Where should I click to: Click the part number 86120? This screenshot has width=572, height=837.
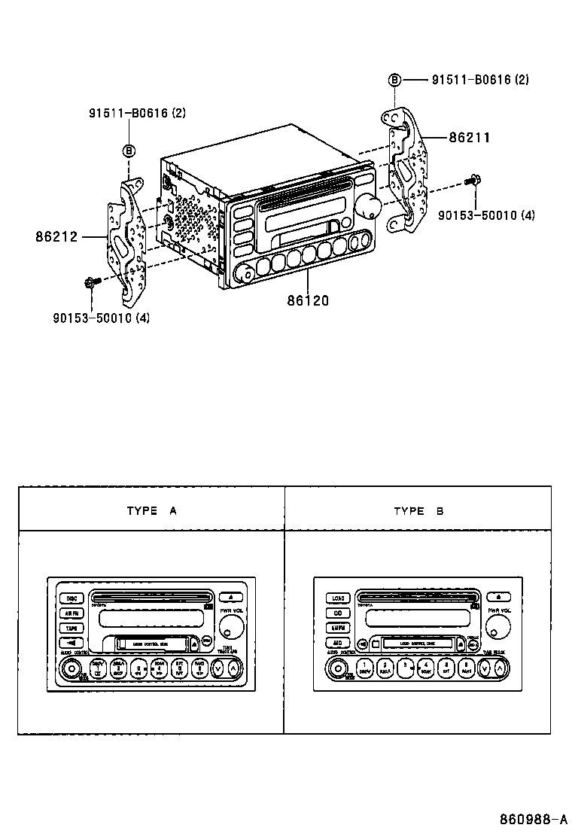click(x=307, y=300)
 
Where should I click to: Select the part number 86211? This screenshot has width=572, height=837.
click(x=470, y=138)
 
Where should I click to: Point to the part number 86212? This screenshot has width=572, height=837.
click(x=56, y=236)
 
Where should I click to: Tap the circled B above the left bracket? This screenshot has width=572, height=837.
click(x=129, y=151)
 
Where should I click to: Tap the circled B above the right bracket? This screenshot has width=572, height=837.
click(x=395, y=80)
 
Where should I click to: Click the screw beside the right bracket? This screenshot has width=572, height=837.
click(x=474, y=180)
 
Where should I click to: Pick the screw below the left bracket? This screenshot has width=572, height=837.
click(x=89, y=284)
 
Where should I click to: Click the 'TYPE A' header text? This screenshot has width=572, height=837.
click(x=151, y=510)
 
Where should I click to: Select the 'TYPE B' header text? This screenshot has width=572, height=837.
click(x=418, y=510)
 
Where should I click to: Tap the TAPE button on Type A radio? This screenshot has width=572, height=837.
click(x=71, y=628)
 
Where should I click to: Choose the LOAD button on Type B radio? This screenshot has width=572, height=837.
click(x=338, y=598)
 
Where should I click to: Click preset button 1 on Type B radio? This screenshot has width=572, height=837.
click(x=364, y=667)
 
